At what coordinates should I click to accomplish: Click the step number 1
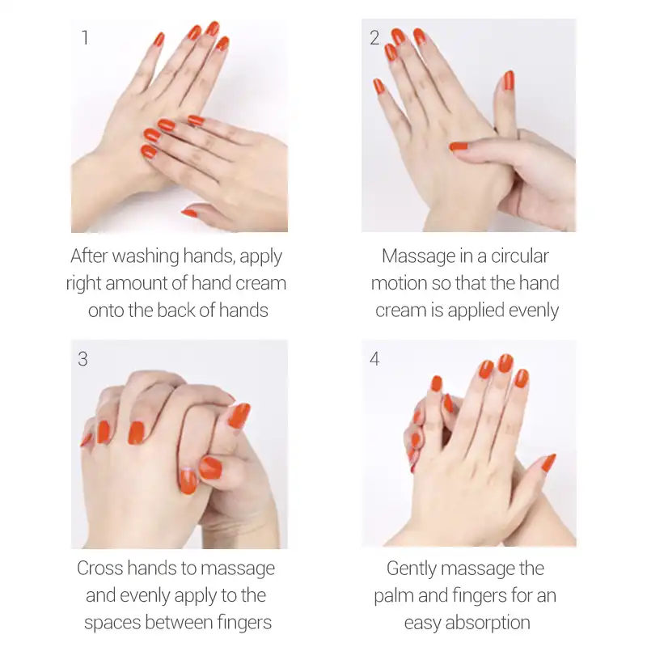(x=85, y=38)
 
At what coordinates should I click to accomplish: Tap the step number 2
(x=374, y=38)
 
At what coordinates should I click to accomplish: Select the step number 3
(x=83, y=359)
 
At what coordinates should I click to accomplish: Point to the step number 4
(x=374, y=359)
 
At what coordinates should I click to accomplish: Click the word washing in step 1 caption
(x=143, y=257)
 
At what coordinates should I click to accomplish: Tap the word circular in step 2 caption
(x=518, y=257)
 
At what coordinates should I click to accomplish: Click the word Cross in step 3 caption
(x=100, y=569)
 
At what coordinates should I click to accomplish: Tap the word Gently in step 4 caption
(x=416, y=569)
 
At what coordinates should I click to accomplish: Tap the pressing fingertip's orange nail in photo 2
(x=459, y=146)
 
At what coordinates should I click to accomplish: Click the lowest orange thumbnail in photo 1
(x=189, y=213)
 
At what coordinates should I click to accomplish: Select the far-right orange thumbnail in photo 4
(x=548, y=463)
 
